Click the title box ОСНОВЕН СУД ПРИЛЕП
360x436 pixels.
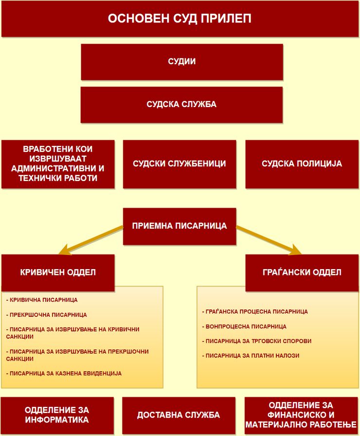click(180, 18)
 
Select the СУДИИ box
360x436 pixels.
click(182, 62)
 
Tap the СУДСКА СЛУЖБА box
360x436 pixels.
click(181, 105)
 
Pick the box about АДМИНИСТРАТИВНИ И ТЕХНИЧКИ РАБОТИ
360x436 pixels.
click(58, 164)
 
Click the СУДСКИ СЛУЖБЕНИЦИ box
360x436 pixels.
click(180, 164)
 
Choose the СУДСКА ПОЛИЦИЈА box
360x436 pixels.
click(302, 164)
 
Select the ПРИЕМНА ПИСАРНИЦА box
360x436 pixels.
click(180, 226)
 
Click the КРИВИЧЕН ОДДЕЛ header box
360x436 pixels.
click(58, 272)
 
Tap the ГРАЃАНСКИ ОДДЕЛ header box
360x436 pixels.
click(302, 272)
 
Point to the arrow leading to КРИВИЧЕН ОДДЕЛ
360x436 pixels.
click(91, 240)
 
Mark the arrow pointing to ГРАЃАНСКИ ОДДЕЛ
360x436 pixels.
click(269, 240)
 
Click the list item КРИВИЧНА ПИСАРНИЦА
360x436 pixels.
click(42, 300)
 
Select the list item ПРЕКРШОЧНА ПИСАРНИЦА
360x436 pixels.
click(46, 315)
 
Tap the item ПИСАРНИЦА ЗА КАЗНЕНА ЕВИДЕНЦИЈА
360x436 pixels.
click(64, 373)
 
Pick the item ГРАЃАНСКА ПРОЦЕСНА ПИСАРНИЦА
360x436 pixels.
click(255, 312)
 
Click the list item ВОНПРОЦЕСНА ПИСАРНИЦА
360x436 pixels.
click(244, 327)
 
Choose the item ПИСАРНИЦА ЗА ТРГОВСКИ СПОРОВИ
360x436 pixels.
click(256, 341)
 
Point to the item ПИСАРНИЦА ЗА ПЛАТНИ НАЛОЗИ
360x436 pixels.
click(251, 356)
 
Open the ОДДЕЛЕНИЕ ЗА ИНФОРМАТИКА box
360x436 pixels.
click(57, 415)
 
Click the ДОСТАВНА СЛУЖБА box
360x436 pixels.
click(179, 415)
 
